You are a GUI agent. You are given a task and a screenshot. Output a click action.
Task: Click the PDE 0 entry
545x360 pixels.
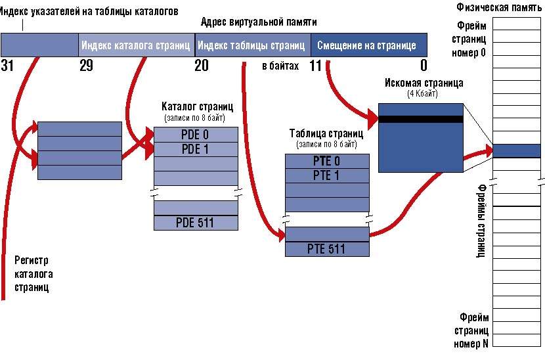coord(196,134)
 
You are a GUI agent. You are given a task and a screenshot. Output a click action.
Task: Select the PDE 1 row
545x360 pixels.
coord(196,148)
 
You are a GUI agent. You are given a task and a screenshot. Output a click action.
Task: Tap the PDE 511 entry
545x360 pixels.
coord(196,223)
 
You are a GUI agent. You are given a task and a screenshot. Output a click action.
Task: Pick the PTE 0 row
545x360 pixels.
coord(327,161)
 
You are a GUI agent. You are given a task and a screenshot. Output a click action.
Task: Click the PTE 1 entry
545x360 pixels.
coord(327,175)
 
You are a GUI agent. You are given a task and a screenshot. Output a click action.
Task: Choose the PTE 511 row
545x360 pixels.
coord(327,249)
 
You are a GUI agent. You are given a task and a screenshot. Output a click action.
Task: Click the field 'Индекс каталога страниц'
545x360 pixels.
coord(136,46)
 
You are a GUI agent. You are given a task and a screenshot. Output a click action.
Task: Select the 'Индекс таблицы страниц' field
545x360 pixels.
coord(252,46)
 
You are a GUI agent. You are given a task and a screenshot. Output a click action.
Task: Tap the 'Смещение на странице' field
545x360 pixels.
coord(366,46)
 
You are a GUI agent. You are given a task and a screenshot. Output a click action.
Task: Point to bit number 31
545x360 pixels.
coord(8,65)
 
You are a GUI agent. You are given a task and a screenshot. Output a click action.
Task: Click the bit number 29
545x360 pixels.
coord(86,65)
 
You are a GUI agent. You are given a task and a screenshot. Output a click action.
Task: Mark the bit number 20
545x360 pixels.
coord(202,65)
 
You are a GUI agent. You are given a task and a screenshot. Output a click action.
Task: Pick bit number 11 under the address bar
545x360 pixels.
coord(316,65)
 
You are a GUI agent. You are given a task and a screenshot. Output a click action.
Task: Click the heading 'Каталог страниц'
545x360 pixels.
coord(197,106)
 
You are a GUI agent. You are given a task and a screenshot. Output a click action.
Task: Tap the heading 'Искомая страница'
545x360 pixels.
coord(425,83)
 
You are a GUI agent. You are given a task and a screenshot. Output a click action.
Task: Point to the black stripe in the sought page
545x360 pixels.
coord(421,120)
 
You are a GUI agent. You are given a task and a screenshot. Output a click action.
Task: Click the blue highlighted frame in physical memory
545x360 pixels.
coord(516,150)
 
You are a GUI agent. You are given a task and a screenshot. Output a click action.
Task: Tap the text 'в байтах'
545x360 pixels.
coord(280,66)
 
